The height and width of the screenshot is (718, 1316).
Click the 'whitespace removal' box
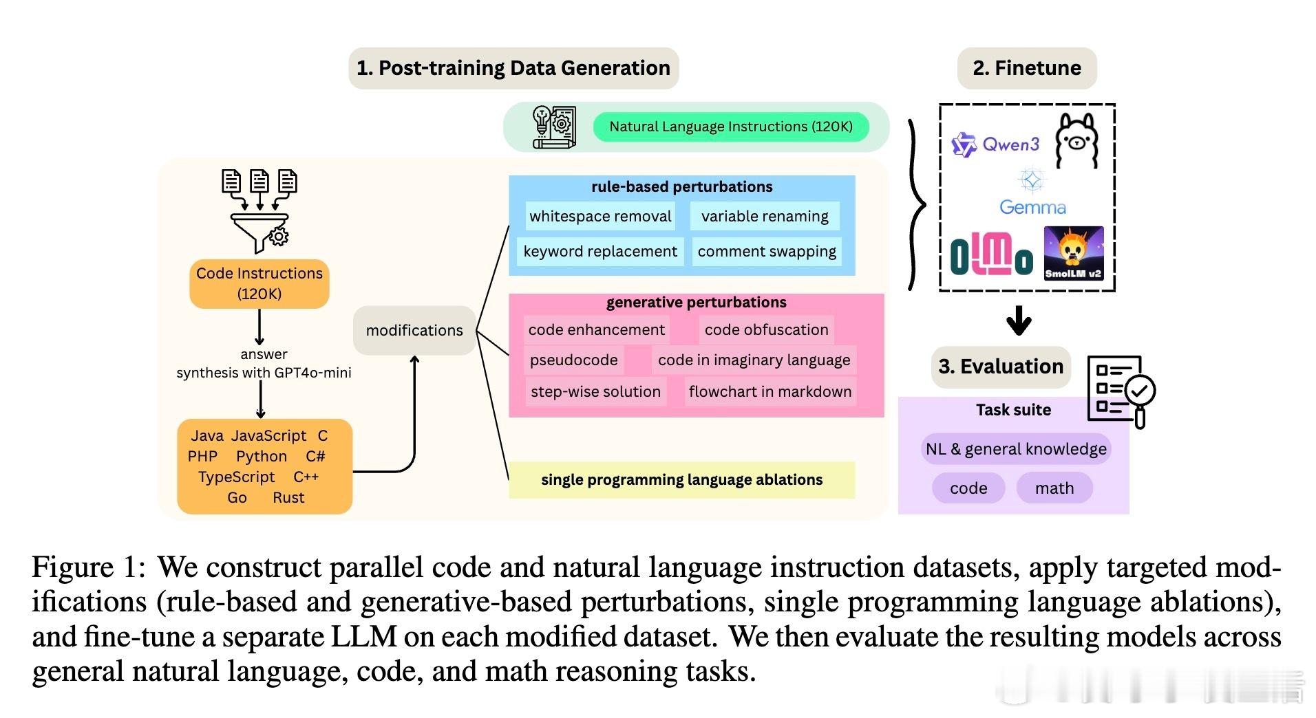point(600,216)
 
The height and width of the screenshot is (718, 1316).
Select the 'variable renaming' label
point(765,216)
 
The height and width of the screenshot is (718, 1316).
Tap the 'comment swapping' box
point(767,252)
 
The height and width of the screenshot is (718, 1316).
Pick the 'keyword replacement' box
point(600,252)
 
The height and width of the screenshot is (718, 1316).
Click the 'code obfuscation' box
point(766,329)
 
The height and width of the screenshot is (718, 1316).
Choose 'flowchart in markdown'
point(770,391)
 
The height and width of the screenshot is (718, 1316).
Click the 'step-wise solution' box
point(596,391)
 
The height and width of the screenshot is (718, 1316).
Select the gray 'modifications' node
point(414,330)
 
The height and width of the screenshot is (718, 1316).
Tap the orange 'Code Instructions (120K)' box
point(259,283)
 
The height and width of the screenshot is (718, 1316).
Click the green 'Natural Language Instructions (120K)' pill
point(731,127)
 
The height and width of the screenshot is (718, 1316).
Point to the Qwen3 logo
point(995,144)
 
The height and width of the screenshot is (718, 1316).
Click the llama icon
point(1077,142)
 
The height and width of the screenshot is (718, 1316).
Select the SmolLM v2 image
point(1074,253)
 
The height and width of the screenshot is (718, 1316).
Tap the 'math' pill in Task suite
point(1054,488)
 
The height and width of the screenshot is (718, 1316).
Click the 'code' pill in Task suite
point(968,488)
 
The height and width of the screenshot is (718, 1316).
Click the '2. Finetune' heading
point(1027,68)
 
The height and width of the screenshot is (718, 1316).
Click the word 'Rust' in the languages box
point(288,497)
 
